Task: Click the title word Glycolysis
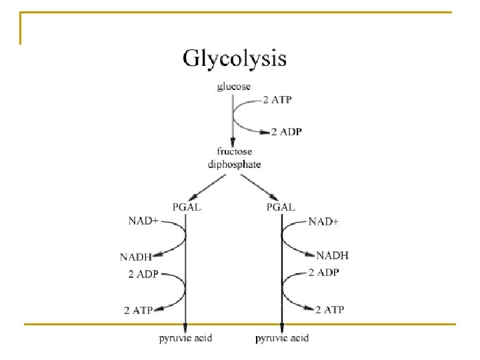(234, 59)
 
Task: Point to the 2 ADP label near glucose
(286, 131)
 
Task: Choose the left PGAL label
(187, 207)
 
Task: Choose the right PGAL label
(280, 207)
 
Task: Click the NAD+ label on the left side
(143, 220)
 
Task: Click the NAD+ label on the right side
(324, 221)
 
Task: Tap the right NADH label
(332, 255)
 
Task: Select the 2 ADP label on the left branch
(143, 273)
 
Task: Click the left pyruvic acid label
(185, 338)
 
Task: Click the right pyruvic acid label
(282, 338)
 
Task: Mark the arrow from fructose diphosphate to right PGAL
(261, 186)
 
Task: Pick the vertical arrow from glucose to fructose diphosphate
(233, 120)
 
